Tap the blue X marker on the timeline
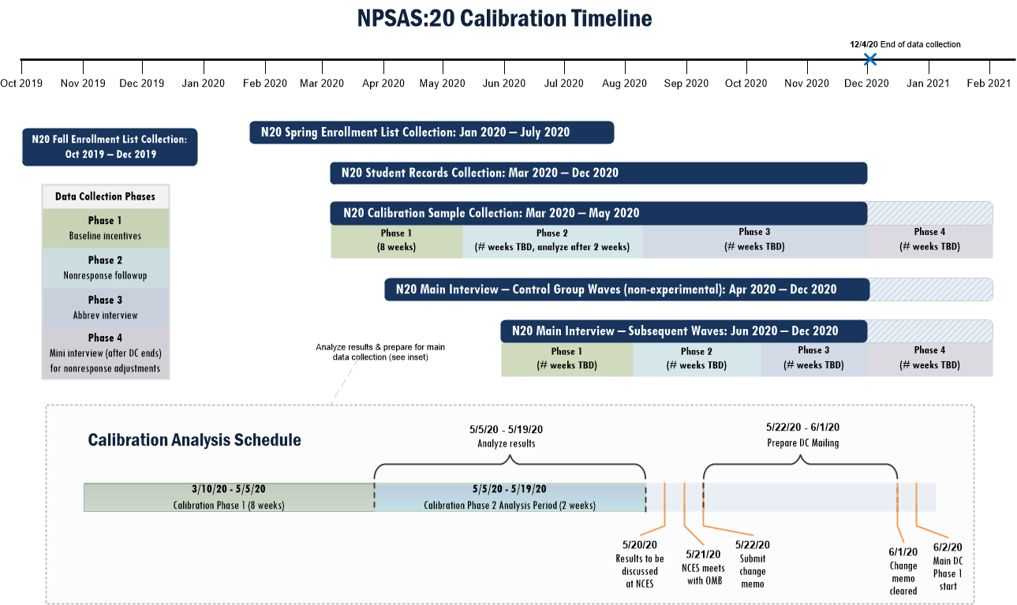point(869,59)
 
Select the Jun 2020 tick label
point(503,83)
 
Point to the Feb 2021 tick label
point(989,83)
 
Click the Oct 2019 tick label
point(21,83)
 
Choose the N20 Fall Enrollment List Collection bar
point(110,147)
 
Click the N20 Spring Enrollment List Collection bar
point(432,133)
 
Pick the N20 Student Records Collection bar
point(598,173)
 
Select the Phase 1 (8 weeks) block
point(396,240)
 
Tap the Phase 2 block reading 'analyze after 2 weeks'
point(551,240)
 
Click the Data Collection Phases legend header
point(105,196)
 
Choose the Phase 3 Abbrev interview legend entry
point(105,307)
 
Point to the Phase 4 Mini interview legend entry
point(105,353)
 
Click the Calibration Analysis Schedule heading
point(194,439)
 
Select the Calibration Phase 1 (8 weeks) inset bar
point(229,497)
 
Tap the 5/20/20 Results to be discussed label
point(640,564)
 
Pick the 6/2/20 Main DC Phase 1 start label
point(947,566)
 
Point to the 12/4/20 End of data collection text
point(905,44)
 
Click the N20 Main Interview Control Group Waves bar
point(626,289)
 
